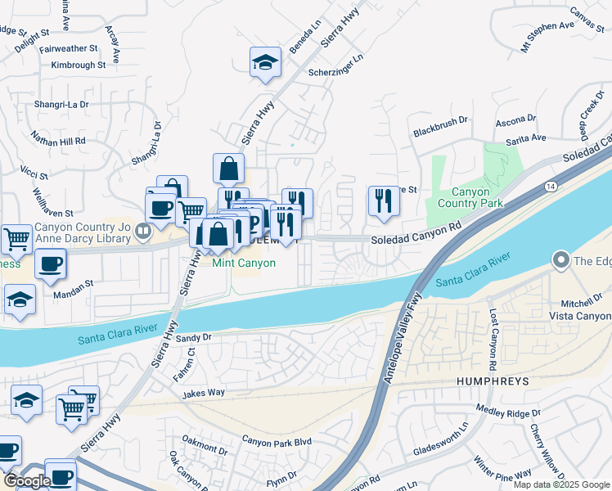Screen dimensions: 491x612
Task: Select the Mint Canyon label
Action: click(x=243, y=263)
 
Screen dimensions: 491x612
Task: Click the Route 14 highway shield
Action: click(x=546, y=187)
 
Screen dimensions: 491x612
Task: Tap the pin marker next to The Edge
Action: click(x=561, y=261)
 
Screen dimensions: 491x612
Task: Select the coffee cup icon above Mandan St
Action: click(x=51, y=264)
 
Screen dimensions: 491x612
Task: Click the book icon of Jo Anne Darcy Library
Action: click(x=143, y=232)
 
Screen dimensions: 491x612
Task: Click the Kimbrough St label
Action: click(x=79, y=64)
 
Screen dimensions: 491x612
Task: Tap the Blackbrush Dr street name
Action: click(x=440, y=131)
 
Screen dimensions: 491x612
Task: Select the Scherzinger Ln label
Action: click(x=335, y=66)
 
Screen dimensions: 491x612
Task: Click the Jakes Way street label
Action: click(x=204, y=394)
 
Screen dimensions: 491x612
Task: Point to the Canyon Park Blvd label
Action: click(x=277, y=441)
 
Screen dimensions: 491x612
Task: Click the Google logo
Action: click(x=27, y=480)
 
